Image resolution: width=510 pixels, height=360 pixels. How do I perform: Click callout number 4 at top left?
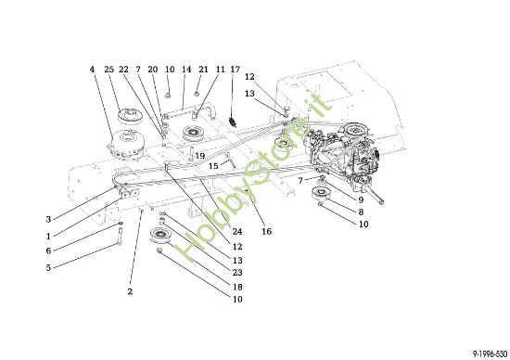(93, 70)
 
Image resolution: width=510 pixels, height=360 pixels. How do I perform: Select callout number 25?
(109, 70)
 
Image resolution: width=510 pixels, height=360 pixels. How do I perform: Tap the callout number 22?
(123, 70)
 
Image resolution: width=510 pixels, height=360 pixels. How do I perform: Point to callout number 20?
(153, 70)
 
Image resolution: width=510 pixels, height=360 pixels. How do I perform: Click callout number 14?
(186, 70)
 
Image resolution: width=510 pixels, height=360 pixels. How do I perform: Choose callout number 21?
(202, 70)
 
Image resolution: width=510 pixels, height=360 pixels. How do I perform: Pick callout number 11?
(220, 70)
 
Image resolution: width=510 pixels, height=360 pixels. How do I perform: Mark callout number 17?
(235, 70)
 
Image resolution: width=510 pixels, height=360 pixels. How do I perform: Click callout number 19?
(199, 156)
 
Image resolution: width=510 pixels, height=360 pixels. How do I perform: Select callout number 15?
(212, 166)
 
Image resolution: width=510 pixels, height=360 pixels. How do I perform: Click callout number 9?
(361, 199)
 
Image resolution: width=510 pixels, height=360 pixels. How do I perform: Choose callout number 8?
(361, 212)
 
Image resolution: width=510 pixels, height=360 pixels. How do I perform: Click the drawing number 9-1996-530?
(485, 353)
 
